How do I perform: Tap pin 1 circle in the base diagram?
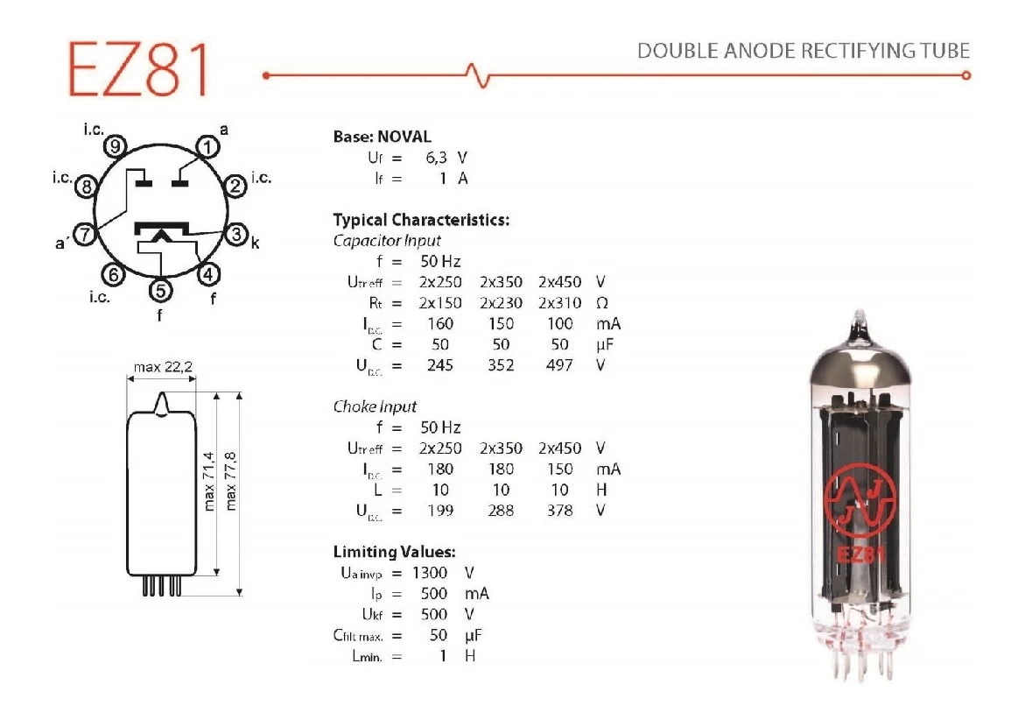tap(207, 147)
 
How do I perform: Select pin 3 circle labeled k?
tap(236, 234)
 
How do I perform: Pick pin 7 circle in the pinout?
tap(84, 234)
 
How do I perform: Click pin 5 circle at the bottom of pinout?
tap(160, 289)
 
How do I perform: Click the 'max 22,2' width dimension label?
tap(164, 367)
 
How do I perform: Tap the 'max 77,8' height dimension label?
tap(232, 480)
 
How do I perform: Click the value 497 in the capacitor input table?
tap(559, 365)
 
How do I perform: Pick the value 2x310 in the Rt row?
tap(559, 303)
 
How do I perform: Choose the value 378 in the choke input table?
tap(559, 511)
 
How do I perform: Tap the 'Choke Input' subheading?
tap(375, 406)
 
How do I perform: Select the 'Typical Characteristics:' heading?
tap(421, 220)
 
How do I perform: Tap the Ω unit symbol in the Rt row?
tap(602, 303)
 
